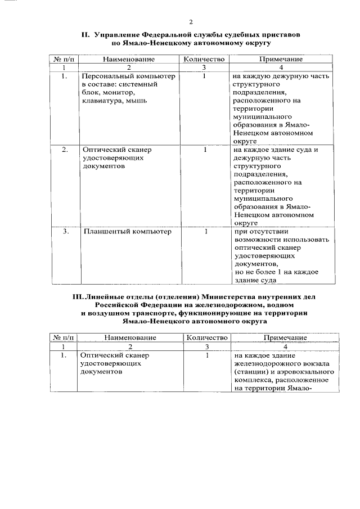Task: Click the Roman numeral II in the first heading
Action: [87, 35]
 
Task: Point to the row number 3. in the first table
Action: [66, 231]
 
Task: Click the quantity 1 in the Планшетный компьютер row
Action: [206, 231]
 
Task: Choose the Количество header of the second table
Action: [207, 337]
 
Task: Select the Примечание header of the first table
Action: [281, 58]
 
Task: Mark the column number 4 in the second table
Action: [285, 346]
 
